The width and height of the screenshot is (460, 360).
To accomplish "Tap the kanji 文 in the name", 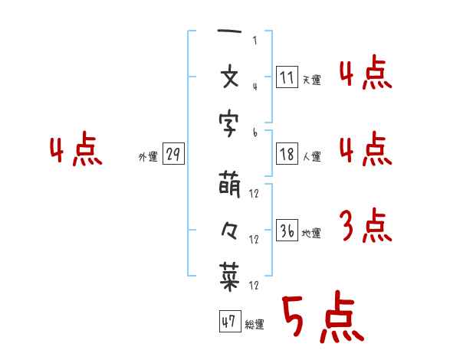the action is pyautogui.click(x=230, y=77).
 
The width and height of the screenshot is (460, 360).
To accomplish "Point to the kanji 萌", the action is pyautogui.click(x=230, y=185).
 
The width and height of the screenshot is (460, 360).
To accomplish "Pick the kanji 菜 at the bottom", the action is pyautogui.click(x=230, y=278).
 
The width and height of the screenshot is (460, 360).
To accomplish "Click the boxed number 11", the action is pyautogui.click(x=287, y=77).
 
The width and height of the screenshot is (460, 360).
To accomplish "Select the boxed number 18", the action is pyautogui.click(x=287, y=154).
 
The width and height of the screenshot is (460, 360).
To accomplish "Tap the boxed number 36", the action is pyautogui.click(x=287, y=231).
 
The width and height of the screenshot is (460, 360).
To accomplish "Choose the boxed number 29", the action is pyautogui.click(x=173, y=154).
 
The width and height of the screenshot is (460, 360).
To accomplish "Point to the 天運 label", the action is pyautogui.click(x=311, y=80).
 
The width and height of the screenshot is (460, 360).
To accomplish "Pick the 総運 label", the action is pyautogui.click(x=255, y=325).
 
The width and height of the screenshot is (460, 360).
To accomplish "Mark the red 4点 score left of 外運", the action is pyautogui.click(x=74, y=151).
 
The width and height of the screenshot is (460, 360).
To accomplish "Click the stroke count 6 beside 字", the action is pyautogui.click(x=255, y=133).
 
